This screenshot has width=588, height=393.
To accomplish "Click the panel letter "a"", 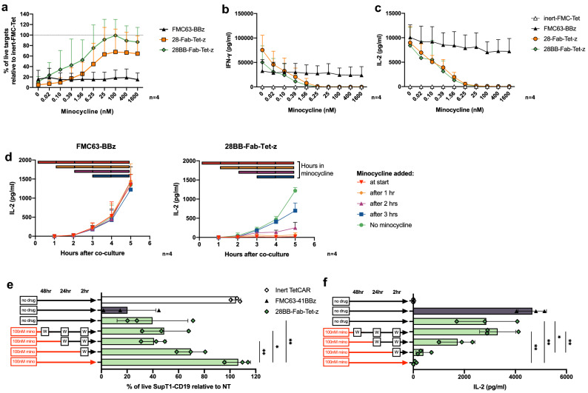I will [x=4, y=6].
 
